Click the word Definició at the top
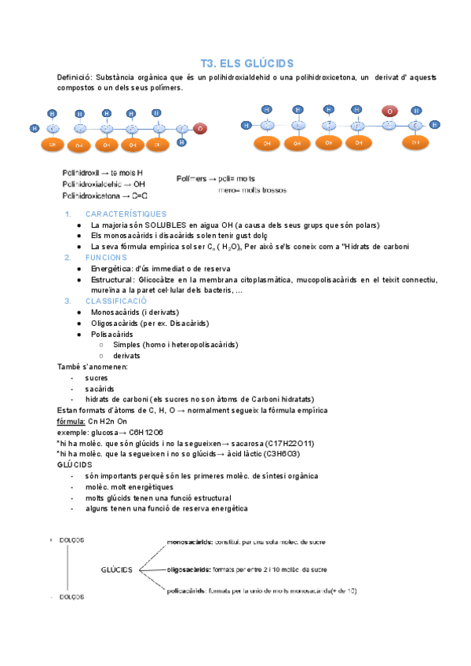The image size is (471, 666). (x=74, y=78)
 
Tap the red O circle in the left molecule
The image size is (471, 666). (x=200, y=128)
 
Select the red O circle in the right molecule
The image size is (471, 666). (x=389, y=112)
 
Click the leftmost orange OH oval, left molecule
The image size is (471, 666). (x=53, y=145)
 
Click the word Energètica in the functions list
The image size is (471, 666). (x=112, y=268)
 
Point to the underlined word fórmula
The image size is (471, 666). (x=72, y=421)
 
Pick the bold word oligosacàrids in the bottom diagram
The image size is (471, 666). (x=188, y=569)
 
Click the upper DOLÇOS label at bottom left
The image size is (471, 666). (x=72, y=540)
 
